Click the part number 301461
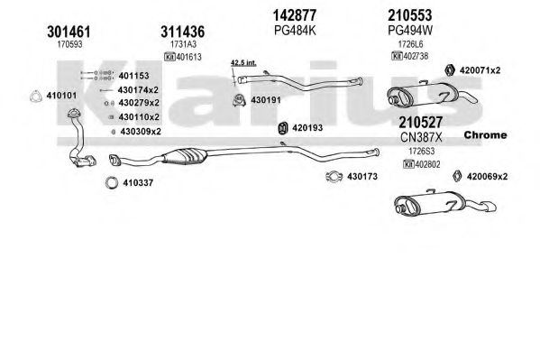tap(69, 32)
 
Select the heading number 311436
tap(182, 32)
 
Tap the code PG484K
tap(295, 31)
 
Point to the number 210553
tap(409, 15)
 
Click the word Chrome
tap(485, 134)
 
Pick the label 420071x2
tap(480, 70)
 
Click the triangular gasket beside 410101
tap(35, 97)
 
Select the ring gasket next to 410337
tap(112, 183)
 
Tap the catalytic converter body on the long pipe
tap(185, 156)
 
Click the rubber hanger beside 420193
tap(283, 128)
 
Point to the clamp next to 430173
tap(334, 177)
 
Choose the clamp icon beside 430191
tap(239, 100)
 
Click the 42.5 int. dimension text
tap(243, 63)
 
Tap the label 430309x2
tap(141, 132)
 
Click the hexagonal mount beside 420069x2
tap(457, 176)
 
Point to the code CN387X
tap(421, 137)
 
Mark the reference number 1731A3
tap(183, 44)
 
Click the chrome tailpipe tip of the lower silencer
tap(490, 207)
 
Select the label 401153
tap(133, 76)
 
